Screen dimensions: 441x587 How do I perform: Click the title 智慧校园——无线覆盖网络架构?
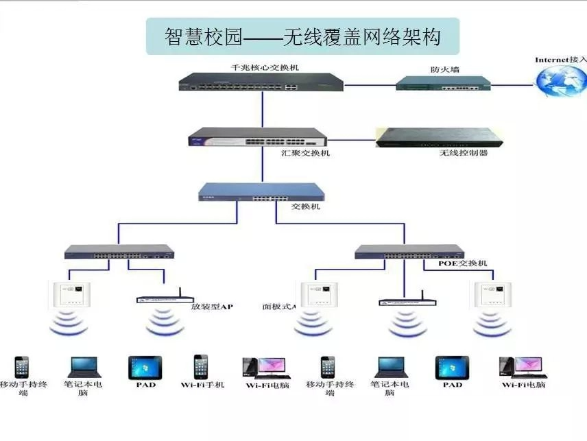302,36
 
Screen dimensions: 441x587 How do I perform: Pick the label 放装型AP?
213,307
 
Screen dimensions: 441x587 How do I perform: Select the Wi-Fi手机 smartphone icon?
201,366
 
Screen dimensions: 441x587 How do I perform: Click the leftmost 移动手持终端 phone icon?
23,368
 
